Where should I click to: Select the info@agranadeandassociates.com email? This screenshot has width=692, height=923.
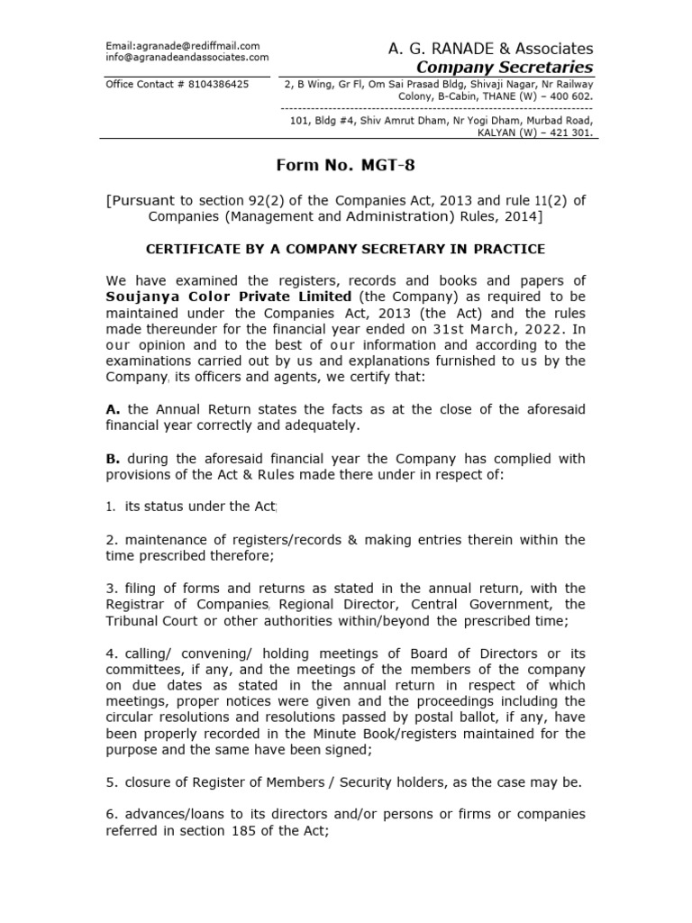(187, 57)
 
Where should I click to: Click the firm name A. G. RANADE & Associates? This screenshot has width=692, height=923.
(490, 48)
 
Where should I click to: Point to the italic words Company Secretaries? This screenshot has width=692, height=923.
(505, 68)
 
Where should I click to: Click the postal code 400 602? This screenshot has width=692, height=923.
(568, 96)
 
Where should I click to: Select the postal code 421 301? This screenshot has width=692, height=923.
(569, 132)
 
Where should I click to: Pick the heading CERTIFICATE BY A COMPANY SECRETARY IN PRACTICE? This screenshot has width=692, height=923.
(346, 248)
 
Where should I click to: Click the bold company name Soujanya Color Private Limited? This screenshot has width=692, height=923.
(229, 296)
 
